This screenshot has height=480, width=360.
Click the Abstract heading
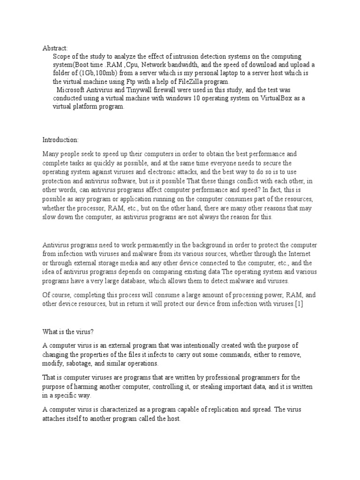(55, 48)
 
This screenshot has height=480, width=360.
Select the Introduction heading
(61, 140)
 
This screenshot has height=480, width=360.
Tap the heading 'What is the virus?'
(68, 332)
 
